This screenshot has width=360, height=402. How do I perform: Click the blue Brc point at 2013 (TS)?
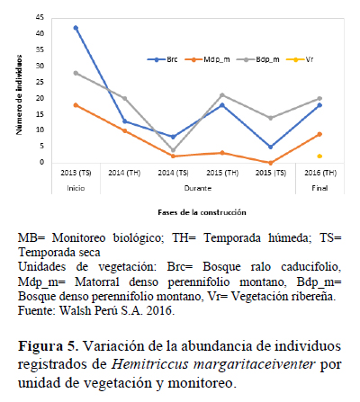coord(76,28)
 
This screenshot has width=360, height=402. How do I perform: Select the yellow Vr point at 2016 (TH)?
coord(319,156)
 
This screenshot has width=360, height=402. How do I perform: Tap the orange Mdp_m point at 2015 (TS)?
coord(271,163)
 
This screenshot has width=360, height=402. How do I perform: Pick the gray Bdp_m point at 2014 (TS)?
coord(173,150)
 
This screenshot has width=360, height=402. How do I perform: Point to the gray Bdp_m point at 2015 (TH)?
coord(222,95)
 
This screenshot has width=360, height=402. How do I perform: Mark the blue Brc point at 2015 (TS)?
coord(271,147)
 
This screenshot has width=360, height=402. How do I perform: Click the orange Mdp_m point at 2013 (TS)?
coord(76,105)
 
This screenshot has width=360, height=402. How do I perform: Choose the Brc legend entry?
coord(162,59)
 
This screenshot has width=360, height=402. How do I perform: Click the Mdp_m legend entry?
coord(207,59)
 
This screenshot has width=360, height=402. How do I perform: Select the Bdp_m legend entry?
coord(258,59)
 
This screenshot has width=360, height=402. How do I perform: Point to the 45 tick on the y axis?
coord(40,18)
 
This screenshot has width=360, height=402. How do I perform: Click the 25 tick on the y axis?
coord(40,82)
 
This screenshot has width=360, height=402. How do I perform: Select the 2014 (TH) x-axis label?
coord(124,173)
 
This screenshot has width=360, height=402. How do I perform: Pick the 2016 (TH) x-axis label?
coord(320,173)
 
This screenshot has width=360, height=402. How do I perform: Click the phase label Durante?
coord(198,188)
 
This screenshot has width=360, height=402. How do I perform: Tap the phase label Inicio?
coord(76,188)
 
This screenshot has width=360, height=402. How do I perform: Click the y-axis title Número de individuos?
coord(19,94)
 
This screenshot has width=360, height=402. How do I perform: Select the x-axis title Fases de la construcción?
coord(202,212)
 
